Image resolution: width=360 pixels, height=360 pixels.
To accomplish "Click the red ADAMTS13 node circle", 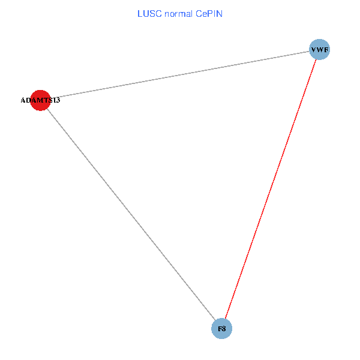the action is (x=40, y=100).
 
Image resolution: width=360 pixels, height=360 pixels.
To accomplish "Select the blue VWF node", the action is (x=319, y=50).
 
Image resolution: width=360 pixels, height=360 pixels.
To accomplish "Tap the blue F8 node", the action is (x=221, y=329).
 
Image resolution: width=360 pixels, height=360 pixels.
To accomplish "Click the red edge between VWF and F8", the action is (x=270, y=190).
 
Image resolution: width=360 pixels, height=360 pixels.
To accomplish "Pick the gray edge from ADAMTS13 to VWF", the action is (x=180, y=75).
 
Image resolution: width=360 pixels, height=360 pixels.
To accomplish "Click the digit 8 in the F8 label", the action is (x=224, y=329).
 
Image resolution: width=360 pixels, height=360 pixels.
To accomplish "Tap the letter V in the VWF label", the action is (x=313, y=50).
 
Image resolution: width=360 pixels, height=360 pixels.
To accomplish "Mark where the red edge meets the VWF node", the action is (x=316, y=60).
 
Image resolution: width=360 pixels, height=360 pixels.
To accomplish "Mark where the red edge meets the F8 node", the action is (x=225, y=319).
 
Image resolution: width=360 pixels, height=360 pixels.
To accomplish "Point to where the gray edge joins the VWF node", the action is (x=309, y=52).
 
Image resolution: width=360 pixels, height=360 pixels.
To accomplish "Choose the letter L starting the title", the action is (x=140, y=14).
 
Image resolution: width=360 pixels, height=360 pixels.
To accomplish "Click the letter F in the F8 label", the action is (x=220, y=329).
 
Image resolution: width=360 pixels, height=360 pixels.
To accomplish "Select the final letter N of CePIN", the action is (x=220, y=14).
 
